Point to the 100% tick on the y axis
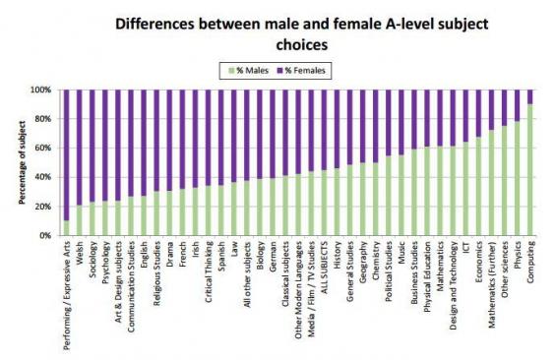(x=45, y=90)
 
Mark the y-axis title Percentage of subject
(x=20, y=162)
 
